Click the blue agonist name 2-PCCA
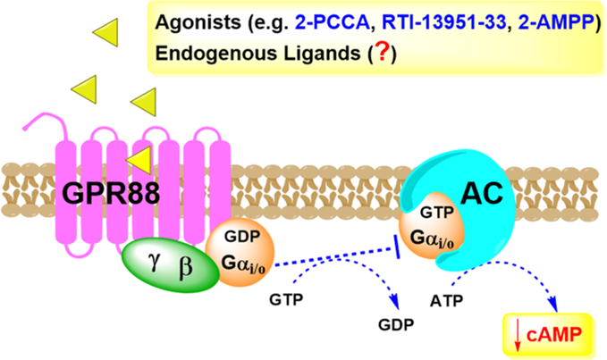(x=333, y=22)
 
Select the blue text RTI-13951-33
(x=443, y=22)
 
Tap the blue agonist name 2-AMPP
(x=555, y=22)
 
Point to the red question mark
(x=382, y=52)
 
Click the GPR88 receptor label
(x=111, y=193)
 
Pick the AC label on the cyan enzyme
(x=482, y=192)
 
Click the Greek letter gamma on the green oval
(x=154, y=262)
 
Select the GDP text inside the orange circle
(x=242, y=236)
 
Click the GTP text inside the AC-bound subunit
(x=437, y=213)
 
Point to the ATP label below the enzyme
(x=446, y=300)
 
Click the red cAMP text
(x=554, y=334)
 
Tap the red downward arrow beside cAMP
(x=517, y=336)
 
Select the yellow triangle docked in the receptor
(x=140, y=160)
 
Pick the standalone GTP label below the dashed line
(x=286, y=299)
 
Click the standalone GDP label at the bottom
(x=396, y=324)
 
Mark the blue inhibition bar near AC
(x=397, y=247)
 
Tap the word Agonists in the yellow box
(x=198, y=23)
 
